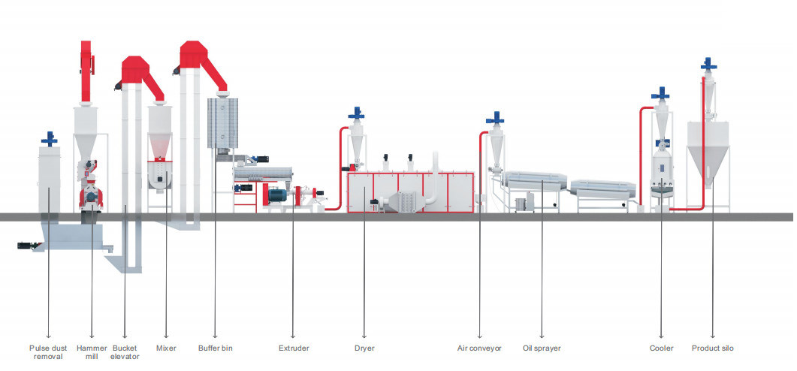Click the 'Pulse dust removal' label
pyautogui.click(x=50, y=352)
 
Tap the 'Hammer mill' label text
pyautogui.click(x=92, y=352)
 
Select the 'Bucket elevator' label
pyautogui.click(x=125, y=352)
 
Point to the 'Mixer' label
pyautogui.click(x=166, y=348)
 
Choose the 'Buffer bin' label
pyautogui.click(x=216, y=348)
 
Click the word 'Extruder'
pyautogui.click(x=294, y=348)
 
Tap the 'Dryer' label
pyautogui.click(x=364, y=348)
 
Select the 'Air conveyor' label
pyautogui.click(x=480, y=348)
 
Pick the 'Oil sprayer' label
pyautogui.click(x=542, y=348)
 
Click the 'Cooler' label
pyautogui.click(x=662, y=348)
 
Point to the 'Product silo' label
pyautogui.click(x=713, y=348)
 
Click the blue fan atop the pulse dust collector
pyautogui.click(x=50, y=139)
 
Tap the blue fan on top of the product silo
pyautogui.click(x=708, y=65)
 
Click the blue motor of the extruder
pyautogui.click(x=275, y=195)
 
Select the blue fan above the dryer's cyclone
pyautogui.click(x=356, y=114)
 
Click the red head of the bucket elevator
pyautogui.click(x=137, y=70)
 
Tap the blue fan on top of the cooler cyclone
pyautogui.click(x=660, y=94)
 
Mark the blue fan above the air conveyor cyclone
pyautogui.click(x=495, y=119)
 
